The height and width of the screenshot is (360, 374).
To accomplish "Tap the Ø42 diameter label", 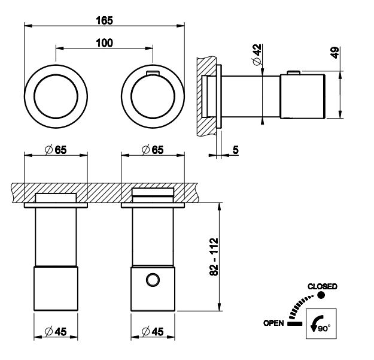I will [256, 55].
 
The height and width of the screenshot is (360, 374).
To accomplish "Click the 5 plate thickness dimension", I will [236, 150].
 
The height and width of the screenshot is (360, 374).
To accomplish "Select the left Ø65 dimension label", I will [56, 150].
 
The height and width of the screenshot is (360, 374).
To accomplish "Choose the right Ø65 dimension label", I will [153, 150].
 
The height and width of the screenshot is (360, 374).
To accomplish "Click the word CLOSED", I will [322, 286].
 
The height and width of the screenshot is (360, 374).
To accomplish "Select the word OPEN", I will [273, 323].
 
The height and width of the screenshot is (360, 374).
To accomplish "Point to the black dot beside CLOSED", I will [321, 295].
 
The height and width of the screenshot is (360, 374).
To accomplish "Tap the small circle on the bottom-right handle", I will [154, 279].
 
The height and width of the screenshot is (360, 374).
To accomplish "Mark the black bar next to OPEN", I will [294, 323].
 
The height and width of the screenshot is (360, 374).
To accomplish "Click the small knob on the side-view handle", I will [293, 73].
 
